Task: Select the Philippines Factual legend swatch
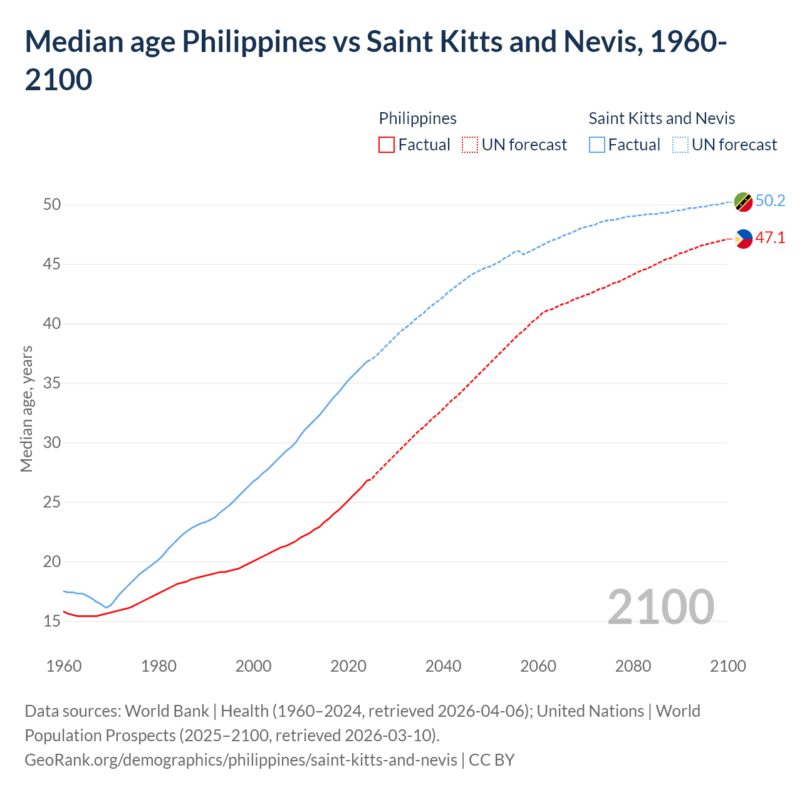coord(387,145)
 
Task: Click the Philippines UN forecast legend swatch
coord(470,145)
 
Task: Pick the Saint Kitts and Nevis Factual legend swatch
coord(597,145)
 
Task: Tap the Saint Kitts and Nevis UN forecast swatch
coord(680,145)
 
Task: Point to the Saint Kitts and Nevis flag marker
coord(743,202)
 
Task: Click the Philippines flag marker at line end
coord(743,239)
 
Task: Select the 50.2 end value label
coord(770,200)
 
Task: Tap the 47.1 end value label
coord(770,237)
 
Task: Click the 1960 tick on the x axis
coord(64,665)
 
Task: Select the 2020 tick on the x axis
coord(348,665)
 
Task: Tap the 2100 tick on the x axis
coord(728,665)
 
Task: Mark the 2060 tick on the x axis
coord(538,665)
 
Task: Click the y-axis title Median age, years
coord(26,409)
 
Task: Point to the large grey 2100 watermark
coord(661,607)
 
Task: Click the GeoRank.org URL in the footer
coord(241,759)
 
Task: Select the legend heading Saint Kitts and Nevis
coord(662,118)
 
